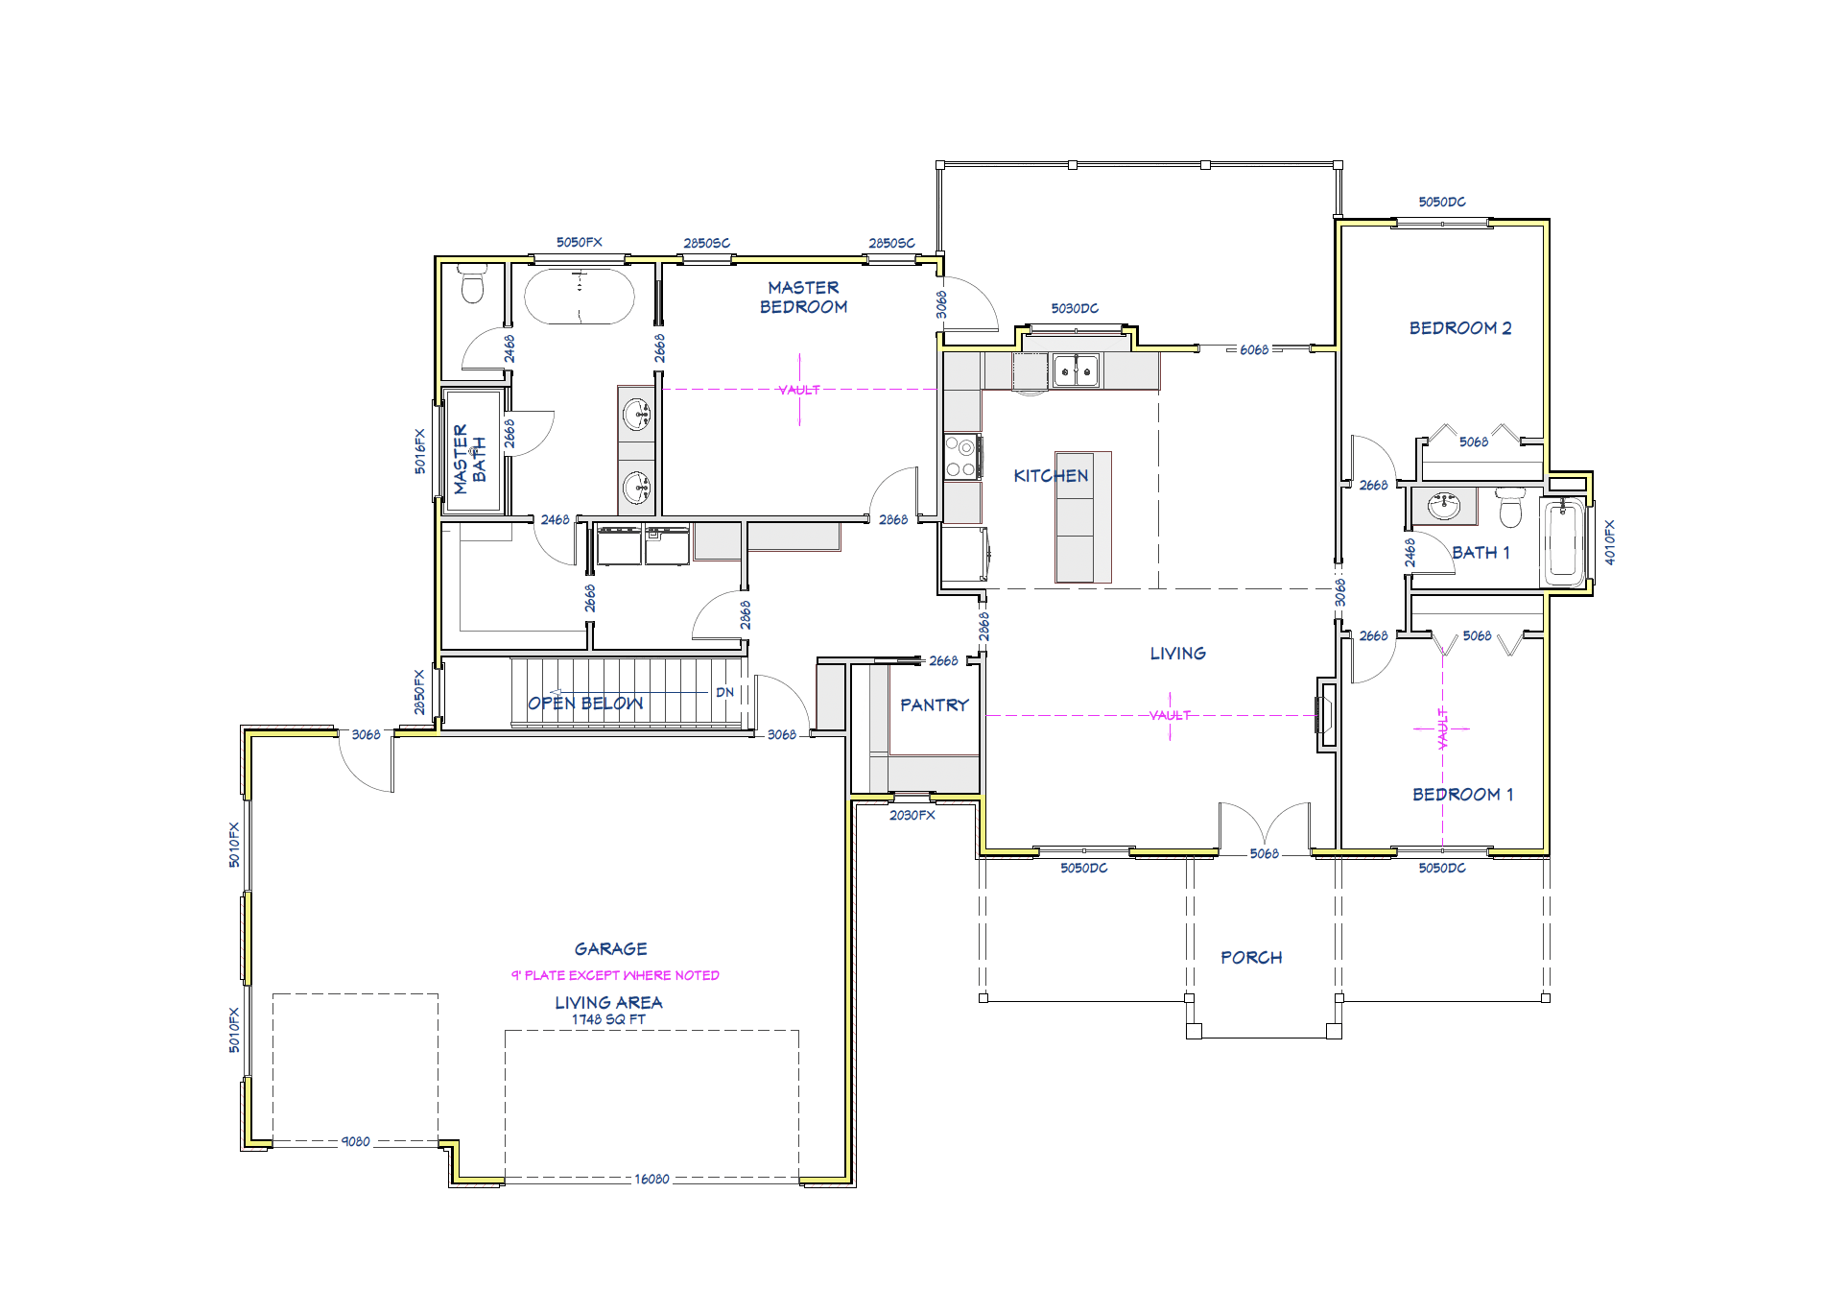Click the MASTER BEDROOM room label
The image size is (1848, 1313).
pos(803,298)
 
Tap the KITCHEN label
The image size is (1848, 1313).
pos(1051,476)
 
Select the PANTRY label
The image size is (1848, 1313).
pos(934,705)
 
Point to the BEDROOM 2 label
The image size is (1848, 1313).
pos(1459,328)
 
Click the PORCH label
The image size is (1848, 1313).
pos(1251,958)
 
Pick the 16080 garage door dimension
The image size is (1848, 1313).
pos(652,1180)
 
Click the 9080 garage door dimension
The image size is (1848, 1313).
pos(355,1142)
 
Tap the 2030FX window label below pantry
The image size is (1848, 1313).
pos(912,816)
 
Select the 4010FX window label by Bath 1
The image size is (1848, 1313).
pos(1609,542)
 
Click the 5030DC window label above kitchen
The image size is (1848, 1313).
pos(1075,309)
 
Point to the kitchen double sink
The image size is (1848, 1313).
pos(1076,370)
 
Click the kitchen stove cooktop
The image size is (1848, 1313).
pos(961,457)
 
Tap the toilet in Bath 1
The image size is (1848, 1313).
pos(1510,508)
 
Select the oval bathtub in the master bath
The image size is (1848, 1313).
pos(580,297)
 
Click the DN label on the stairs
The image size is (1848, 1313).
pos(724,693)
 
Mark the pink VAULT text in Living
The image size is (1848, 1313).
pos(1170,716)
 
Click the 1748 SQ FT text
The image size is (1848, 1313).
pos(608,1020)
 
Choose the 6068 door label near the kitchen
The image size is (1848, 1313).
pos(1254,350)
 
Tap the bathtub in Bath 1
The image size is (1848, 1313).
pos(1563,541)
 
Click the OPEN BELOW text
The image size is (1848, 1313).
pos(585,704)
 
